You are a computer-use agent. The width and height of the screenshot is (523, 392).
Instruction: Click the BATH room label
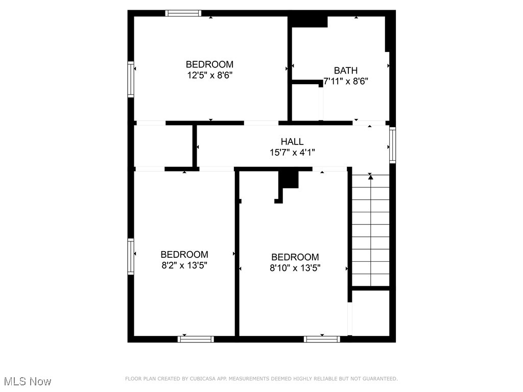[346, 70]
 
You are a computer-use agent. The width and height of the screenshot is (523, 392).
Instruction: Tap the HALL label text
[292, 141]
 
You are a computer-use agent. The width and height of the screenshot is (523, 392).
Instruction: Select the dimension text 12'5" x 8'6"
[209, 75]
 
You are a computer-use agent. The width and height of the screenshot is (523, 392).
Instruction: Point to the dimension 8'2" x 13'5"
[184, 265]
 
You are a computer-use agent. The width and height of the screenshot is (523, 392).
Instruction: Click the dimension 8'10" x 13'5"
[295, 268]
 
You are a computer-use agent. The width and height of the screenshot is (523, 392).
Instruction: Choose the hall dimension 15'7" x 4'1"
[292, 152]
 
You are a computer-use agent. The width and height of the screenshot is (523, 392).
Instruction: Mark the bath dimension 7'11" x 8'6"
[346, 81]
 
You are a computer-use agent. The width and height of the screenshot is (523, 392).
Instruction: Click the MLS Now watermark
[27, 381]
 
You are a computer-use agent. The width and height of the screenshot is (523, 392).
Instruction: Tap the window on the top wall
[183, 13]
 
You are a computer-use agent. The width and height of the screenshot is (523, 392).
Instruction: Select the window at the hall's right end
[392, 144]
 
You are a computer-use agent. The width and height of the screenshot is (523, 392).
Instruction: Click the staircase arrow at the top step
[371, 177]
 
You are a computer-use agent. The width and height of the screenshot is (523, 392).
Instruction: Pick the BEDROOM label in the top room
[209, 64]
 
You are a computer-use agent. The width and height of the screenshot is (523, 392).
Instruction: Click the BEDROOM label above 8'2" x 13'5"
[184, 254]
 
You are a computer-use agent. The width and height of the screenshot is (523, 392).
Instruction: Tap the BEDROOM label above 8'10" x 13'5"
[295, 257]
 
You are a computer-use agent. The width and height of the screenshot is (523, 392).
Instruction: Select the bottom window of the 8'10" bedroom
[322, 338]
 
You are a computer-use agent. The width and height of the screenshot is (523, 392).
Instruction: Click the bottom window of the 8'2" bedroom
[196, 338]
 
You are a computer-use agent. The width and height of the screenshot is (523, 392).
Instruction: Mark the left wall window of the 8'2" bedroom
[131, 256]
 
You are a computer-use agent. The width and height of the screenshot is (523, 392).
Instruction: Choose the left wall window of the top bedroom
[131, 79]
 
